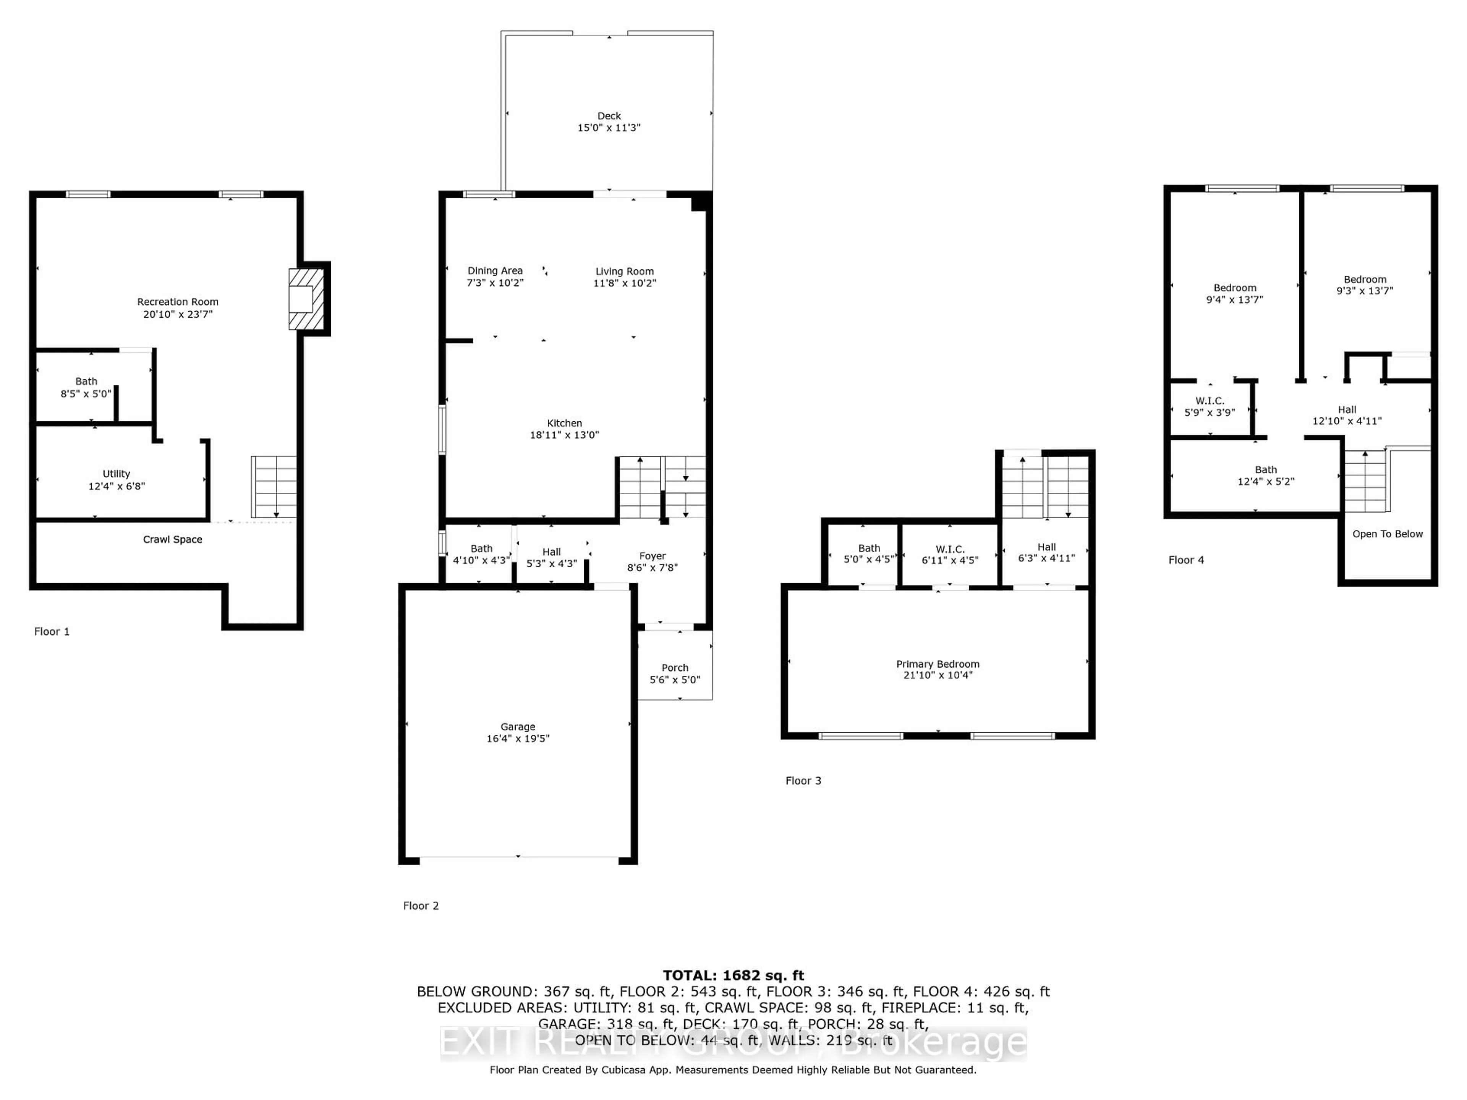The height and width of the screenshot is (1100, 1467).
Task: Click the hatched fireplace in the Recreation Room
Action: [x=306, y=299]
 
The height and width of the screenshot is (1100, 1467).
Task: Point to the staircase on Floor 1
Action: [x=273, y=487]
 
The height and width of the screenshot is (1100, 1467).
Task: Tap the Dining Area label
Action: [x=495, y=270]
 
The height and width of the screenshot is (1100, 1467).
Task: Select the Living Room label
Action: [x=624, y=271]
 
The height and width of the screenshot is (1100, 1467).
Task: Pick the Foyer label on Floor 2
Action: [x=653, y=556]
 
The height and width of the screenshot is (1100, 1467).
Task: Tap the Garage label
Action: [x=518, y=727]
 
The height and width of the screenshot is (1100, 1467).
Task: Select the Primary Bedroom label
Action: [x=937, y=664]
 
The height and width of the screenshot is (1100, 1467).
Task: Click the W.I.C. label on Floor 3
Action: [x=950, y=549]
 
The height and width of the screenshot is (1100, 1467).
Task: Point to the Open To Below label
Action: [x=1388, y=534]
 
